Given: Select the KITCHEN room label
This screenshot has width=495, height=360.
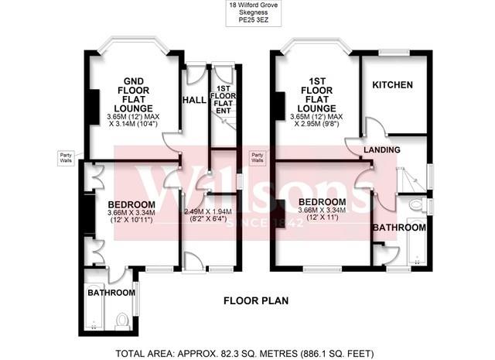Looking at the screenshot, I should tap(393, 84).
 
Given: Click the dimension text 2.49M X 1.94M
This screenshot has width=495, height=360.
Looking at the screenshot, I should tap(207, 211).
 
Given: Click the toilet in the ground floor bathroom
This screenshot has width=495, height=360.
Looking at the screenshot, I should tap(121, 319).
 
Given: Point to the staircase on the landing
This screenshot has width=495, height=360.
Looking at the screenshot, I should tap(410, 178).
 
